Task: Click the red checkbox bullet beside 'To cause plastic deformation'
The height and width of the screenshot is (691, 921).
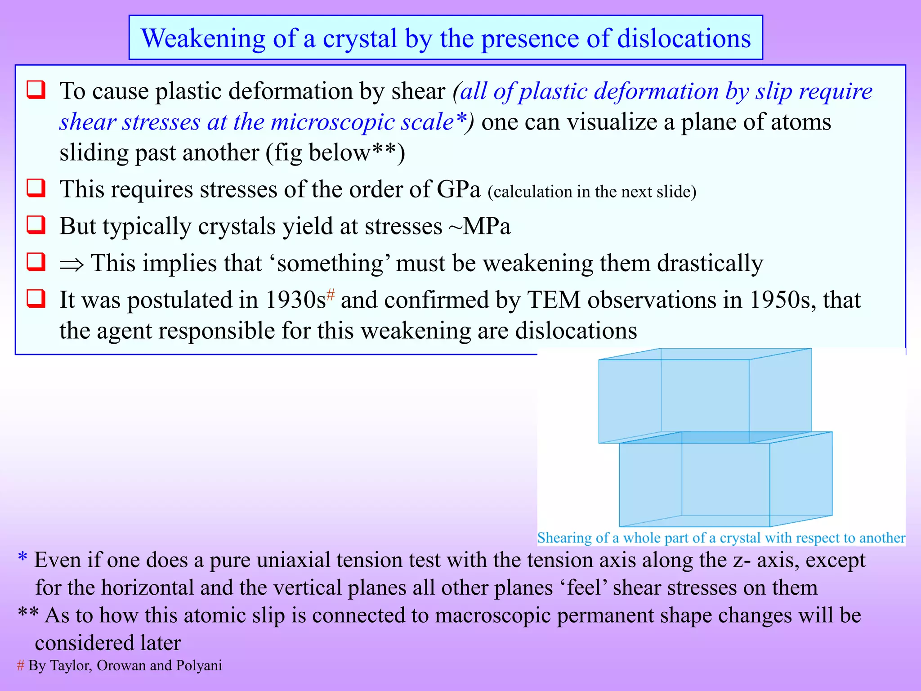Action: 36,90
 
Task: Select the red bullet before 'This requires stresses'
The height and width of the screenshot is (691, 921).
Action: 36,188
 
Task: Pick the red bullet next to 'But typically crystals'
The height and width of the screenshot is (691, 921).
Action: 36,224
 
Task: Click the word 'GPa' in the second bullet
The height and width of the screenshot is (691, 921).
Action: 458,189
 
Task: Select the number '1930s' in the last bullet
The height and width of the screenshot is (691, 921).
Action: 295,301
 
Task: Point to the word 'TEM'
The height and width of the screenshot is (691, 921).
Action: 554,301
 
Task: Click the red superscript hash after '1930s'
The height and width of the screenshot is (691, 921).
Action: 331,295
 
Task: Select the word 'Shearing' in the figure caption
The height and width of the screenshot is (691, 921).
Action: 564,538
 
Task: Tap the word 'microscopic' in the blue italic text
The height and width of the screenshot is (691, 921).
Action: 332,122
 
